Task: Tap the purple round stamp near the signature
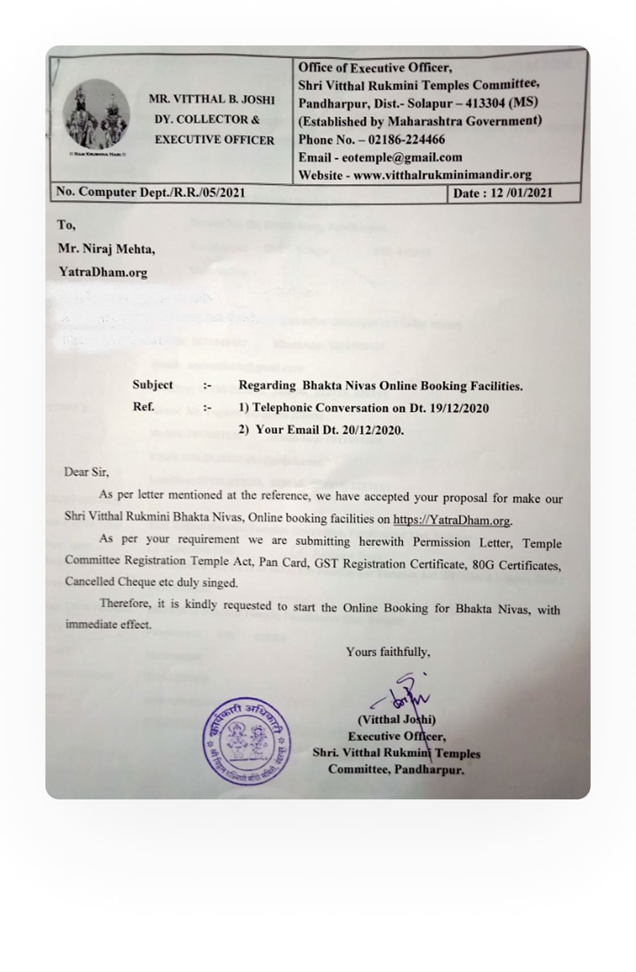click(246, 741)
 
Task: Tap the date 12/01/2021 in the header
click(521, 193)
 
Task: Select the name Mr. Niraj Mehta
click(106, 249)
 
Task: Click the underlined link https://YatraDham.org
click(452, 520)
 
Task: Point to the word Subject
click(153, 384)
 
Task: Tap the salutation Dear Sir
click(86, 472)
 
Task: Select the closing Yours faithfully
click(388, 652)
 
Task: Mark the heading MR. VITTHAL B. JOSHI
click(211, 99)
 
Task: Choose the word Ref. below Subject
click(143, 407)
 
